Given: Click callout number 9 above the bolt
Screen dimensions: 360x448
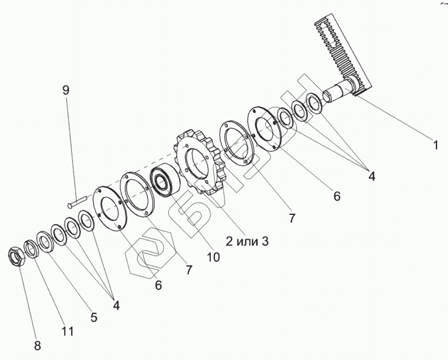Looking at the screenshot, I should (x=65, y=90).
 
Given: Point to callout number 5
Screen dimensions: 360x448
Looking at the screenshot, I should (x=94, y=317).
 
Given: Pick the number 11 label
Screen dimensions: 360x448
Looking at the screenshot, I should (x=67, y=331).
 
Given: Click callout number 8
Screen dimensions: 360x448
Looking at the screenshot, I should (x=38, y=346).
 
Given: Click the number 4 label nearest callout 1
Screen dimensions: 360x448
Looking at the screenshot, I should (x=371, y=177).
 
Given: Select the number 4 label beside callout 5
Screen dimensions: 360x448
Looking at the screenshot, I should (x=116, y=306).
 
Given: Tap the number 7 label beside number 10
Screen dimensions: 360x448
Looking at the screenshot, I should (x=189, y=270).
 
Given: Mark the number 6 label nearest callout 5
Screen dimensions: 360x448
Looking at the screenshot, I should (x=158, y=286).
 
